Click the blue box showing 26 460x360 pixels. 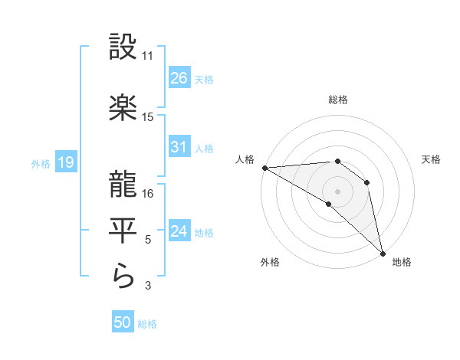coord(179,78)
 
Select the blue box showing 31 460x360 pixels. coord(179,148)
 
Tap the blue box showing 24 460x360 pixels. coord(179,232)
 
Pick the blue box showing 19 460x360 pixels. coord(65,162)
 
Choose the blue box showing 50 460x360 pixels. coord(123,323)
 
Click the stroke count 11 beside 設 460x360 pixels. coord(148,56)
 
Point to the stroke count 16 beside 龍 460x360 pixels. coord(148,194)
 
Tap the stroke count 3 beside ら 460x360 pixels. coord(148,286)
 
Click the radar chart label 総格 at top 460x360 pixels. coord(337,100)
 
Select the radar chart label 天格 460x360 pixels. coord(431,159)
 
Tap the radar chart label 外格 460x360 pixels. coord(269,263)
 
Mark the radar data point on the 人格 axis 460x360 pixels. coord(264,168)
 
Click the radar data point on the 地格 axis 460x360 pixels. coord(383,253)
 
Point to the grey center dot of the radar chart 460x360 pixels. coord(337,191)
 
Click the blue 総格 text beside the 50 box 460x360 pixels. coord(147,324)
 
